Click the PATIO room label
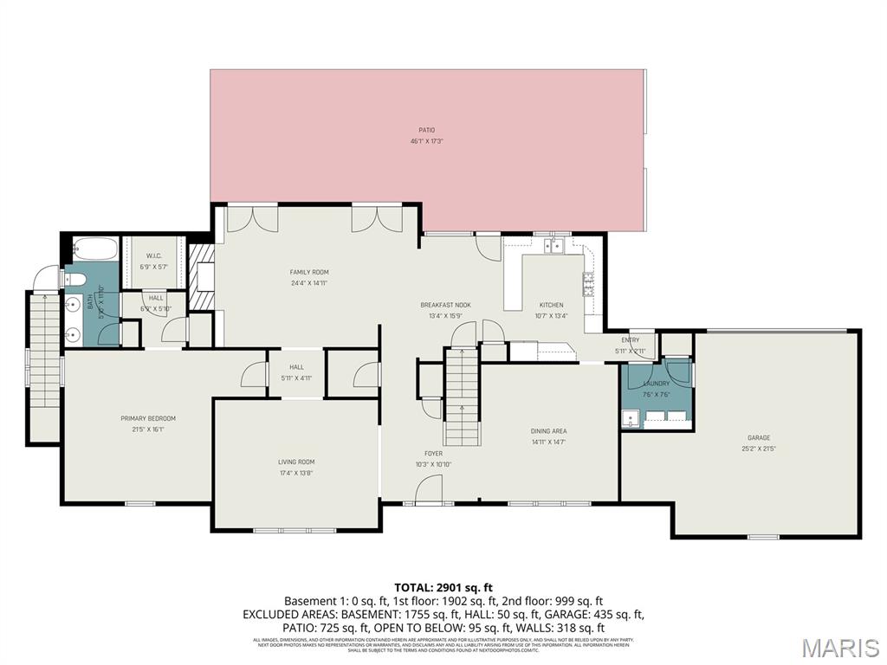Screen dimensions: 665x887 point(426,131)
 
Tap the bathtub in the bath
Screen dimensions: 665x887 point(92,249)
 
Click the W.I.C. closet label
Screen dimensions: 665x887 point(154,255)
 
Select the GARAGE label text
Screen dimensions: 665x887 point(759,437)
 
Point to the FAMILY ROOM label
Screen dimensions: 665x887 point(309,272)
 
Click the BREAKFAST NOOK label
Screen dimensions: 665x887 point(445,305)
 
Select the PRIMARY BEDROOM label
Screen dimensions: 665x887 point(142,418)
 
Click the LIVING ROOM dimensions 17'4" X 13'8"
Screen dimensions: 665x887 point(296,473)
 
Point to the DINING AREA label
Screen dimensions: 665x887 point(548,431)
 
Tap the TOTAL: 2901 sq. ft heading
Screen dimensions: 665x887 point(443,586)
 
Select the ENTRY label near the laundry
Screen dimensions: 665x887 point(630,339)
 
